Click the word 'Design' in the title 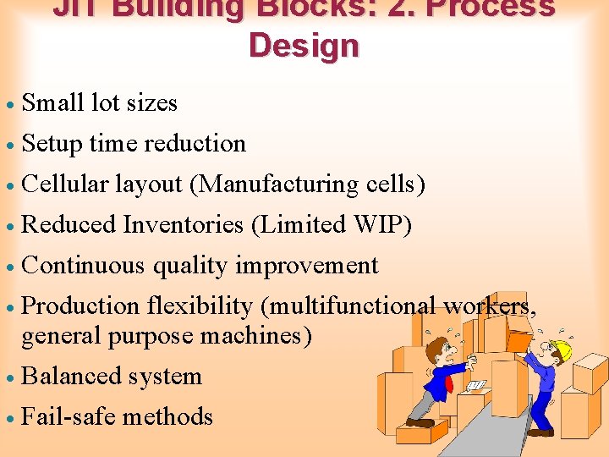[x=304, y=45]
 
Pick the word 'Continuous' [x=83, y=266]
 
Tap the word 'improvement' [x=306, y=266]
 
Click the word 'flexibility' [x=200, y=306]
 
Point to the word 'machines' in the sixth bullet [x=254, y=336]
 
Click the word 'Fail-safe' [x=69, y=417]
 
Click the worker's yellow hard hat [x=560, y=350]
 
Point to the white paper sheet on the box [x=476, y=386]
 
